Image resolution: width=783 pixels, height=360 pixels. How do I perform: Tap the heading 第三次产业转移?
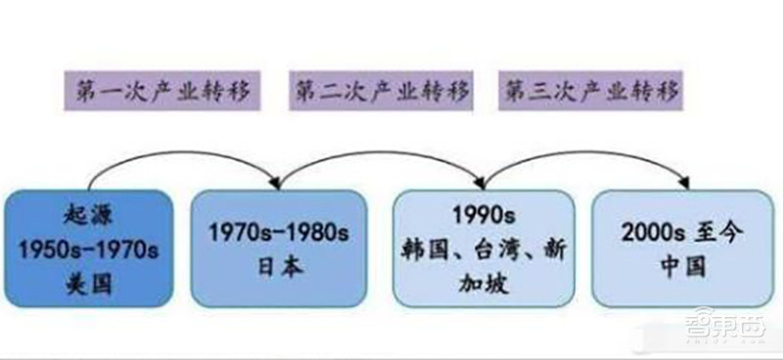[590, 91]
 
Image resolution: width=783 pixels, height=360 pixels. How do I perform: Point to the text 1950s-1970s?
[88, 247]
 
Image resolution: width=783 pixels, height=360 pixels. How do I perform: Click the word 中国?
[682, 263]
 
